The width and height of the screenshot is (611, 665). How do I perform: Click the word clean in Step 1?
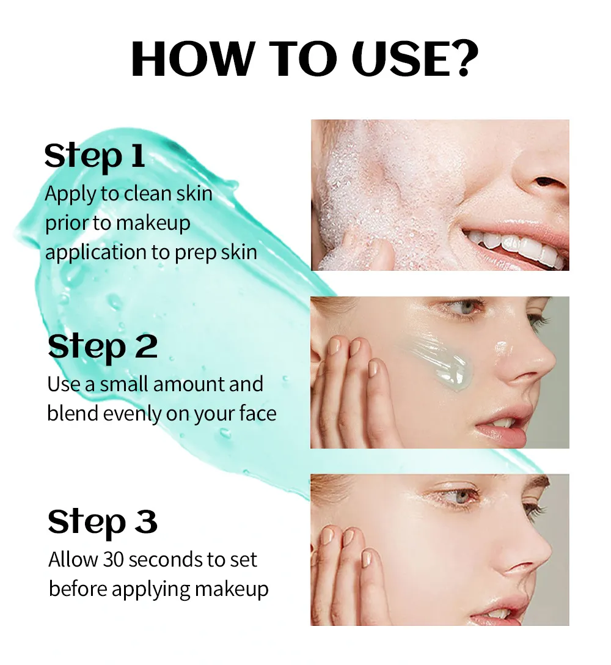(146, 193)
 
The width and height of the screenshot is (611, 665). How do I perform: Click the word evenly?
(133, 414)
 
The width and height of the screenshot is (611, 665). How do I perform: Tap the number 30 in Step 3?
(112, 560)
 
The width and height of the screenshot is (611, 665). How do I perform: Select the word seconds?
(164, 560)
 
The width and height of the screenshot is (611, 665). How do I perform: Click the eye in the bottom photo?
(461, 496)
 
